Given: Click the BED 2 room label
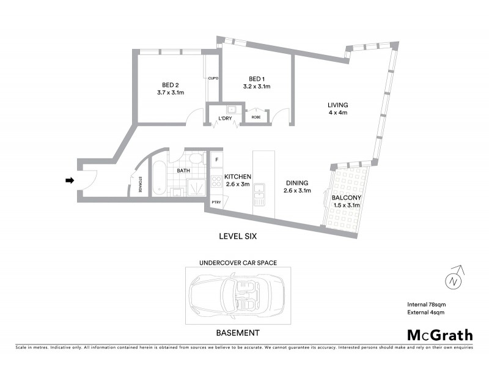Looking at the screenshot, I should (171, 84).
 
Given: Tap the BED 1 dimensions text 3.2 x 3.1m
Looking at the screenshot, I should (256, 87).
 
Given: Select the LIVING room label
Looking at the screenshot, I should (337, 105).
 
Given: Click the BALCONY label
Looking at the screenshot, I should (347, 198).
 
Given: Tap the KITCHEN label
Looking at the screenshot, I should (238, 176).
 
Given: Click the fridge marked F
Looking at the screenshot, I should (216, 160).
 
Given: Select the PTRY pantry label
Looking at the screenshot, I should (216, 202).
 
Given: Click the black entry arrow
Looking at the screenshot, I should (70, 180).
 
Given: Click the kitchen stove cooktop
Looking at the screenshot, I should (216, 181).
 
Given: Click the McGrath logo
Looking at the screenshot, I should (440, 335).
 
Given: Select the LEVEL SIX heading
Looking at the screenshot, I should (239, 235).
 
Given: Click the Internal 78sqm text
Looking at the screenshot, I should (426, 305).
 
